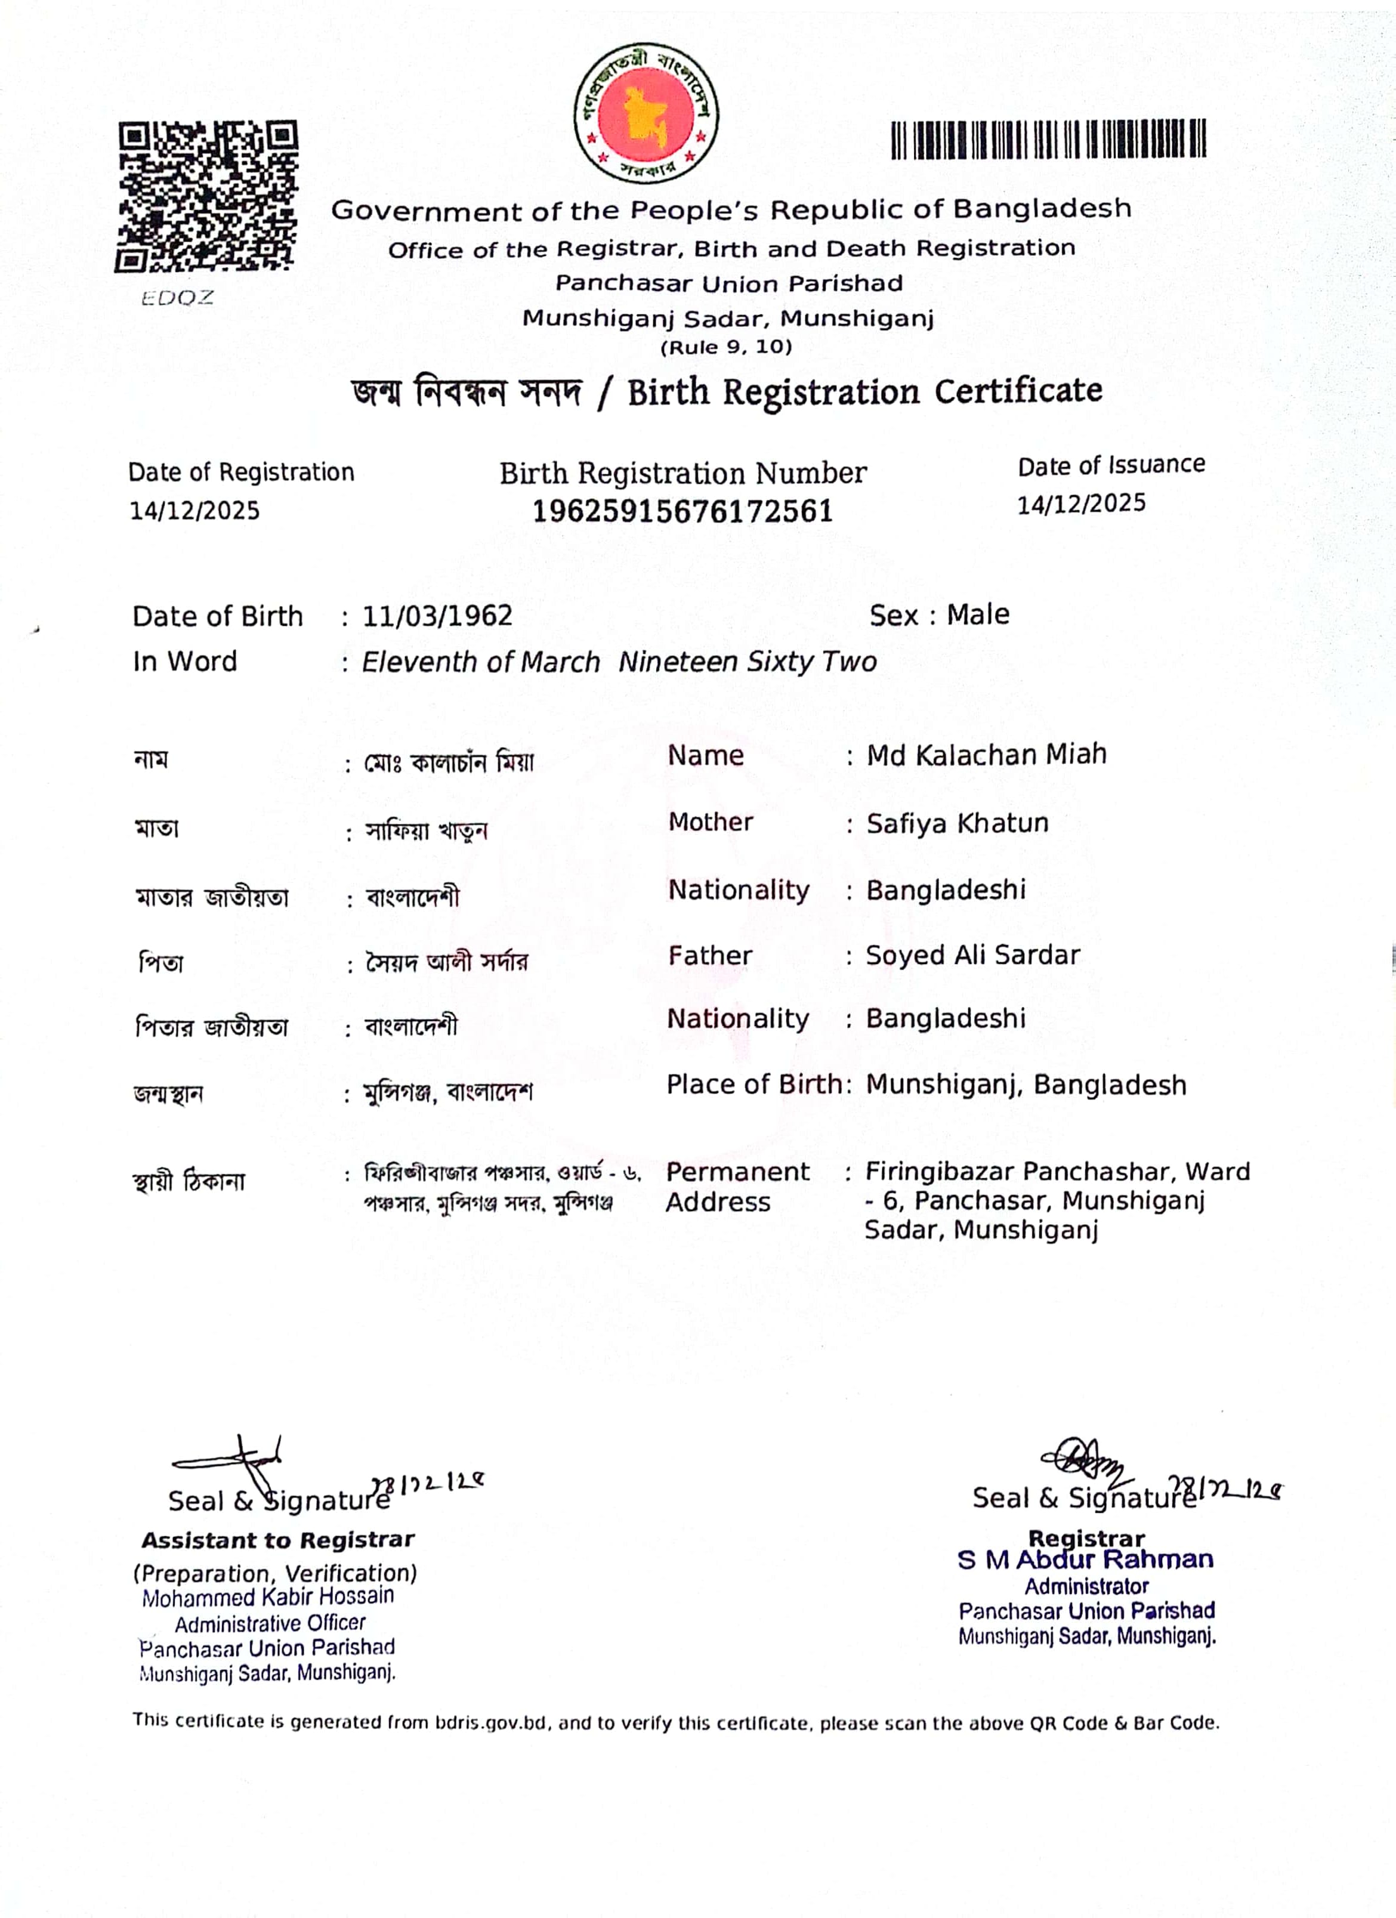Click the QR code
point(206,196)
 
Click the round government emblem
point(646,113)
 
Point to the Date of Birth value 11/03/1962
point(437,616)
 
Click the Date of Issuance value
point(1080,504)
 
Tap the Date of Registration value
point(194,511)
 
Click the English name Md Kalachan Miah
point(986,754)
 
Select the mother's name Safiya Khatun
point(957,823)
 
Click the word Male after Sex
point(977,615)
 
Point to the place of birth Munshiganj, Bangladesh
point(1026,1085)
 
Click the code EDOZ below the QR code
point(178,298)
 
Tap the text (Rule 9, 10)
point(726,347)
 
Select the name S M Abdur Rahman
point(1086,1559)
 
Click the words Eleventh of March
point(481,662)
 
